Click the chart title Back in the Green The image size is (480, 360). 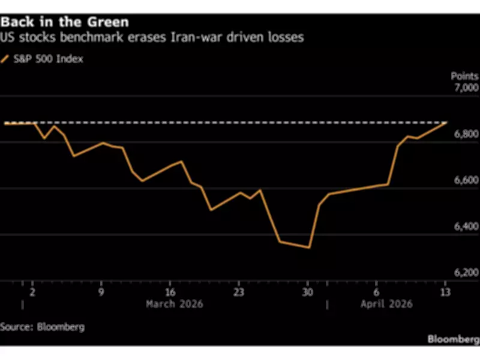(65, 22)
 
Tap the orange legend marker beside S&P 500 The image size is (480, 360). (5, 59)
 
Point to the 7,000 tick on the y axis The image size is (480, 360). (466, 88)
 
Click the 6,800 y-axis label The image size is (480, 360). (466, 134)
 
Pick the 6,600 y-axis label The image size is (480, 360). (466, 181)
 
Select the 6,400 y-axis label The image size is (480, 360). (466, 227)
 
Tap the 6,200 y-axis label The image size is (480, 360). (466, 273)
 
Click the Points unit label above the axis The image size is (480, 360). (464, 76)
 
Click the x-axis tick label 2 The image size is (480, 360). (32, 292)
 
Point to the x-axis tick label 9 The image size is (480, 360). (101, 292)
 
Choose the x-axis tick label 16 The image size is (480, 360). (170, 292)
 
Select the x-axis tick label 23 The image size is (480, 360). (238, 292)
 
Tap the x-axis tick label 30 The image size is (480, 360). (307, 292)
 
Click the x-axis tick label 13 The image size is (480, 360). (445, 292)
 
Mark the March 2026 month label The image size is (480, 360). (175, 304)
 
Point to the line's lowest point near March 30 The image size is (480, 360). (308, 247)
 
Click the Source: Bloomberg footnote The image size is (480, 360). (42, 327)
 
